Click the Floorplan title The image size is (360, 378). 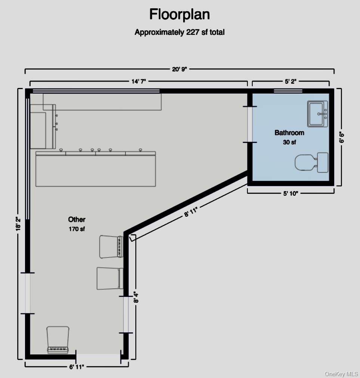point(180,15)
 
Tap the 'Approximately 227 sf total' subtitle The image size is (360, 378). point(180,32)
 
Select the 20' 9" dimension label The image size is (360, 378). point(179,69)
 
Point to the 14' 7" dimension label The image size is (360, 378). point(139,82)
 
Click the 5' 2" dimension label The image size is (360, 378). point(290,82)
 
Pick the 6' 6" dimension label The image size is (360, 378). point(342,137)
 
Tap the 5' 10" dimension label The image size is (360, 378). point(290,193)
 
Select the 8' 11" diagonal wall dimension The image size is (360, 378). point(191,212)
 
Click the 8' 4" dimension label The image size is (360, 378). point(136,298)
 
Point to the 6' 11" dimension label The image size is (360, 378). point(77,367)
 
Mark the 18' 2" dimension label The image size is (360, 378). point(18,224)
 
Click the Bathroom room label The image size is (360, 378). point(289,132)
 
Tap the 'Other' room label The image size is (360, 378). point(77,219)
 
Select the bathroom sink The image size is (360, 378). point(317,114)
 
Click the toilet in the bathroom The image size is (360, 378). point(312,162)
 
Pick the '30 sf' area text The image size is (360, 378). point(289,142)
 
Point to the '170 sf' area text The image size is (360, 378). point(77,229)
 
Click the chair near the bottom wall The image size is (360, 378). point(58,340)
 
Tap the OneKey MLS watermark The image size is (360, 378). point(341,374)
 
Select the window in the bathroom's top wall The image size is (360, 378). point(288,91)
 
